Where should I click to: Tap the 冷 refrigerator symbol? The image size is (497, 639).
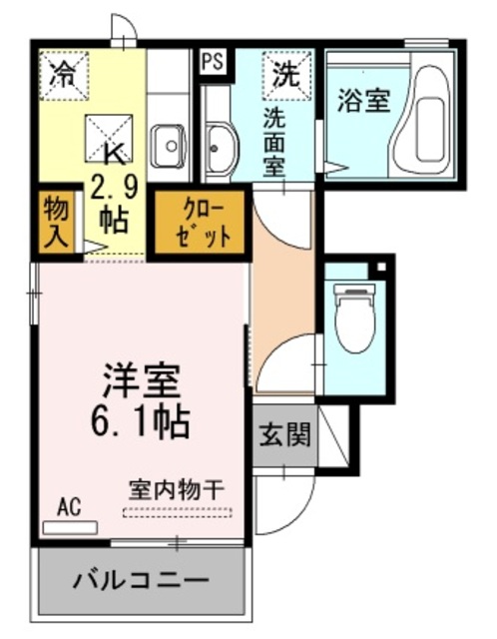(62, 73)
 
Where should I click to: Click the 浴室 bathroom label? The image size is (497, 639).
(363, 101)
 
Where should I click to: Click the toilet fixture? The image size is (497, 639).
(352, 319)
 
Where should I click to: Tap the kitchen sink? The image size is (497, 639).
(170, 147)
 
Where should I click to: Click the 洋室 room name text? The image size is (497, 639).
(142, 381)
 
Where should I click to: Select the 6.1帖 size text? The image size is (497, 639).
(143, 422)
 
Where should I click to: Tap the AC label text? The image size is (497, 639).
(68, 507)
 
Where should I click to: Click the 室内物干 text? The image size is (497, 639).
(177, 491)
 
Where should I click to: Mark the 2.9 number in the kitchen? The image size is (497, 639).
(112, 186)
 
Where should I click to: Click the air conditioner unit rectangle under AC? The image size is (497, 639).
(70, 527)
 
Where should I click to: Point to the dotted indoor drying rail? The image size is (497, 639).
(177, 513)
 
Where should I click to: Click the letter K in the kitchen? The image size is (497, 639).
(114, 154)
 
